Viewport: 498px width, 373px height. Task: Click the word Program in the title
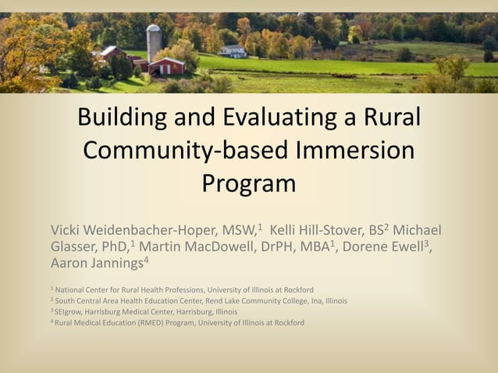pyautogui.click(x=249, y=183)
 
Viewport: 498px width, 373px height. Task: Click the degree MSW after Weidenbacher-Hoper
pyautogui.click(x=238, y=230)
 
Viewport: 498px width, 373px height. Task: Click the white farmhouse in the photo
pyautogui.click(x=233, y=51)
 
